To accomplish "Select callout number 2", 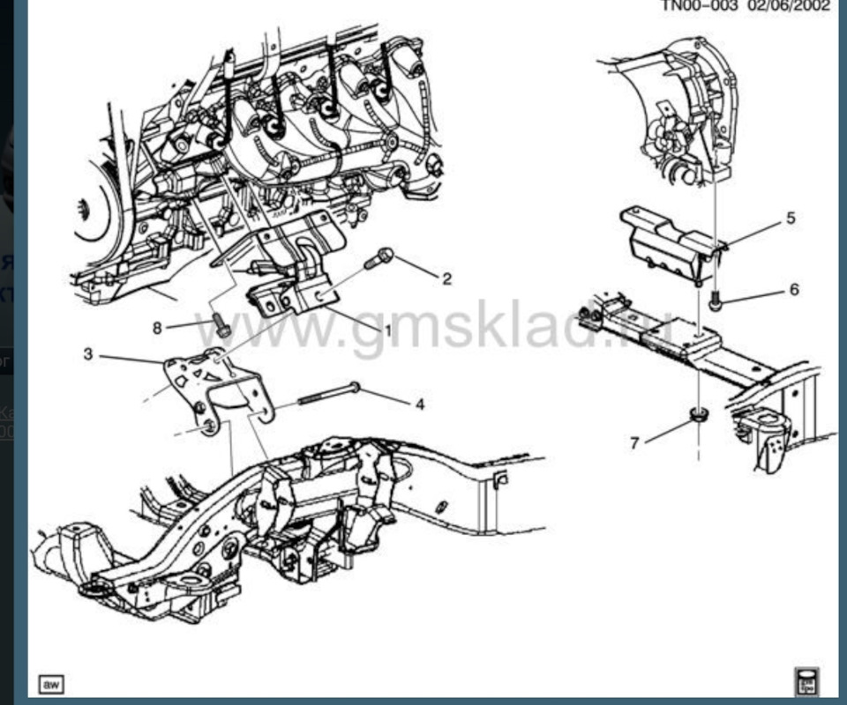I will (x=446, y=279).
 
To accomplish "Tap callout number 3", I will (x=88, y=355).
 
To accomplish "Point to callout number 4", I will (x=419, y=404).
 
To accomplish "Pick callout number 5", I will (x=791, y=218).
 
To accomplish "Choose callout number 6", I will (x=794, y=289).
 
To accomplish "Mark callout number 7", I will (x=634, y=442).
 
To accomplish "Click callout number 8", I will (x=157, y=328).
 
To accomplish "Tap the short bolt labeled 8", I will (x=220, y=324).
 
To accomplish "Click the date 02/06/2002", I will (x=790, y=5).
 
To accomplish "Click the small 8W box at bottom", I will (x=51, y=684).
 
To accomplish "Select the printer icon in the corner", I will (x=806, y=681).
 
